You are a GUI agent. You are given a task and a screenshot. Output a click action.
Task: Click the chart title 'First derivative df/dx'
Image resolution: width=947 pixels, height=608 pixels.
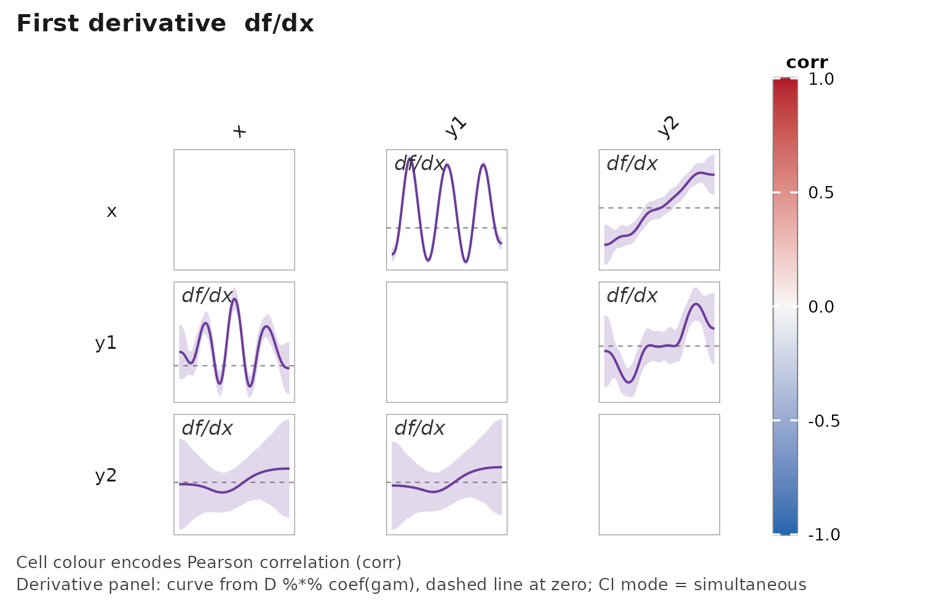tap(165, 24)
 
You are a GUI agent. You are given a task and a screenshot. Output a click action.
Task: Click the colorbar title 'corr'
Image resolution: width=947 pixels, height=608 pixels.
tap(807, 62)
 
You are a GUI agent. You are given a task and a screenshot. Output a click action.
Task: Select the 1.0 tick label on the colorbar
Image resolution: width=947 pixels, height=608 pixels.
tap(821, 79)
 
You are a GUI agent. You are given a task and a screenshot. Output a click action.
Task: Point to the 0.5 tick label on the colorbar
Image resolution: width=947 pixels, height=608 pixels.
tap(821, 193)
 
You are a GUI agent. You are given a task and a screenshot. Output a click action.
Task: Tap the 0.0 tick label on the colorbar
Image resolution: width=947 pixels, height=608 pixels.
tap(821, 307)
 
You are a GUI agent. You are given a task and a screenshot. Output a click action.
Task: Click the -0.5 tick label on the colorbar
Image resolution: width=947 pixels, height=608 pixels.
tap(823, 421)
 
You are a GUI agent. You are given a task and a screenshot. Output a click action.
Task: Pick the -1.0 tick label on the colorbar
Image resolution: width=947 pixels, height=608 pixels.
tap(823, 535)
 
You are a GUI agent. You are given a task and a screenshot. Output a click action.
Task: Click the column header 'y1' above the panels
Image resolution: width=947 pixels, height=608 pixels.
tap(456, 127)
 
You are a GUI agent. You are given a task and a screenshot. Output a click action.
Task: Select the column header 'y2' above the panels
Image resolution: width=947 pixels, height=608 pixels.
tap(668, 127)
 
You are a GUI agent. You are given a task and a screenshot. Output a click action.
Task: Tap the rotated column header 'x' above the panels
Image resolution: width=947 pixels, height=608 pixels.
tap(239, 131)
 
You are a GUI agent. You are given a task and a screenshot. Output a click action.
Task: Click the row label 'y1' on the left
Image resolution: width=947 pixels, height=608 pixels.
tap(106, 343)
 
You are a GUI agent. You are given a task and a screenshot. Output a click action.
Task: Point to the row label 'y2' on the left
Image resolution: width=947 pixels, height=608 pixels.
tap(106, 475)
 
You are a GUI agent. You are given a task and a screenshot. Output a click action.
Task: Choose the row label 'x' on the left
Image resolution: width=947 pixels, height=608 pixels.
tap(111, 211)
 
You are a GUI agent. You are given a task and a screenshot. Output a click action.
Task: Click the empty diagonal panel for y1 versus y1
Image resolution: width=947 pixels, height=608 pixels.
tap(446, 342)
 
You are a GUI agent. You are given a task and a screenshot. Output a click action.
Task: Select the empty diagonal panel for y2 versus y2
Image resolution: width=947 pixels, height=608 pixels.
tap(659, 474)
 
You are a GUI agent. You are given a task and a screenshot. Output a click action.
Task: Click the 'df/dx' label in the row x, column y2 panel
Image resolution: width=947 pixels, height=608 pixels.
tap(632, 163)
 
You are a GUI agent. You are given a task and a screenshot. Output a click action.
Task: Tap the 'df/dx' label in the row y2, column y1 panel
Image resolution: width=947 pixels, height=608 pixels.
tap(419, 428)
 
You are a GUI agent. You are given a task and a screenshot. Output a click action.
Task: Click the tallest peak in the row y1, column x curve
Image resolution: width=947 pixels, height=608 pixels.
tap(234, 299)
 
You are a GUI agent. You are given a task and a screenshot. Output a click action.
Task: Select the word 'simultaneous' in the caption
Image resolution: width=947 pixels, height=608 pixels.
tap(750, 585)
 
